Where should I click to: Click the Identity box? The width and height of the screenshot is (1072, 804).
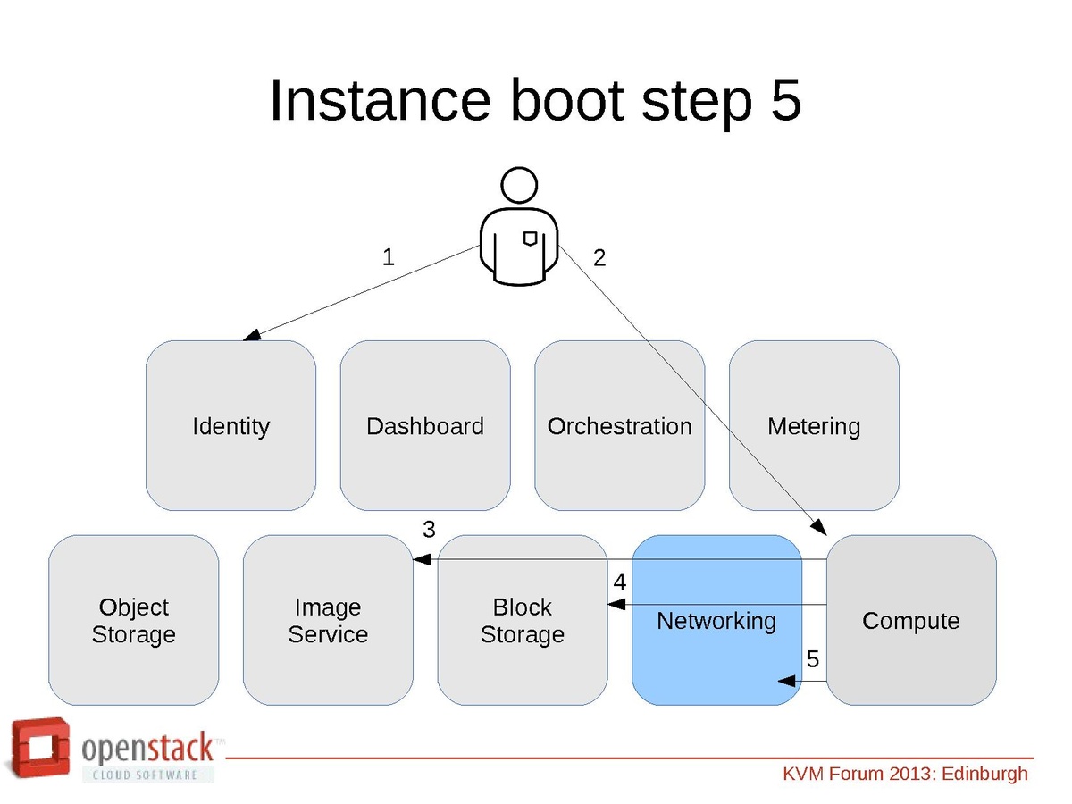tap(230, 426)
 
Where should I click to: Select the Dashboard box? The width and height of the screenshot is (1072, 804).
tap(425, 426)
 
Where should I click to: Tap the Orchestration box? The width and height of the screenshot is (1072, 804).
tap(619, 426)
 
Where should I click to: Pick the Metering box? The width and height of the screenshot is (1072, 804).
tap(814, 426)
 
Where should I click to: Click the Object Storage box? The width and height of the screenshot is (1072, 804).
tap(133, 620)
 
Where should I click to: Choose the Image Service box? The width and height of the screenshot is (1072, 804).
tap(328, 620)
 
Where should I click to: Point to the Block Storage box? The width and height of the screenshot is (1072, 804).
tap(523, 620)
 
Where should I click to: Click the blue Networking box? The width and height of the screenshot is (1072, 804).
tap(716, 620)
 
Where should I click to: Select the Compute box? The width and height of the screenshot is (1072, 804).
tap(911, 620)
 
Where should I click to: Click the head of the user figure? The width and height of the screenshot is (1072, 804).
tap(519, 185)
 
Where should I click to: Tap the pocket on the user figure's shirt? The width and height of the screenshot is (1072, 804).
tap(530, 238)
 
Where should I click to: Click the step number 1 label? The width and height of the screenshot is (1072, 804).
tap(388, 257)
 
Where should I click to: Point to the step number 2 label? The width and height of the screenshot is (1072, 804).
tap(599, 258)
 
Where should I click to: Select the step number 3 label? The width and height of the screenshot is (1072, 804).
tap(429, 530)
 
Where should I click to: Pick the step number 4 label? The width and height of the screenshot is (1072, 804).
tap(620, 582)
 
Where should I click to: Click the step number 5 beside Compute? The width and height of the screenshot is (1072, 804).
tap(812, 659)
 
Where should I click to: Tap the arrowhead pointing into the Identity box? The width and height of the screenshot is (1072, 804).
tap(252, 336)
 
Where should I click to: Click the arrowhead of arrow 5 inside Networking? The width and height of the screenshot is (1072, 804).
tap(788, 681)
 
